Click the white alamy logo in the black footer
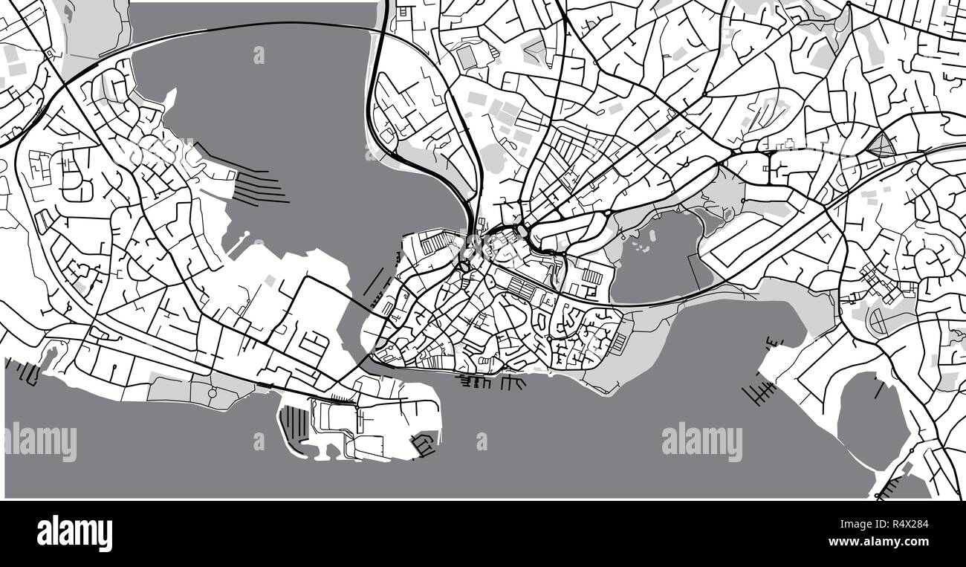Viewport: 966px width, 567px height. (74, 533)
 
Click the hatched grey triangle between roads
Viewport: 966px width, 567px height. (883, 144)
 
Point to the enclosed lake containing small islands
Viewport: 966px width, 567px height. (654, 260)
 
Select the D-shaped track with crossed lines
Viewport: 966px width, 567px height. (878, 321)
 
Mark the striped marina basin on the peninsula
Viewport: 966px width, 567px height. (294, 424)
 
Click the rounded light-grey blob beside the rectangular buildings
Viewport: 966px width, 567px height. (492, 158)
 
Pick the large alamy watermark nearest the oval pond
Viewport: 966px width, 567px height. (701, 441)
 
